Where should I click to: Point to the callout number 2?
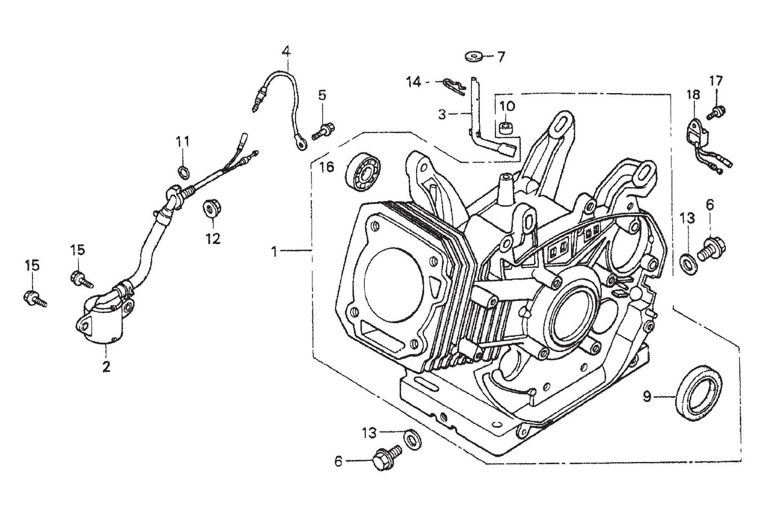pyautogui.click(x=106, y=367)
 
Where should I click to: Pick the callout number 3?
pyautogui.click(x=441, y=114)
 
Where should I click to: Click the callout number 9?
pyautogui.click(x=647, y=397)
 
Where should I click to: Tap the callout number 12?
pyautogui.click(x=213, y=238)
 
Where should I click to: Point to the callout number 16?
pyautogui.click(x=326, y=167)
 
